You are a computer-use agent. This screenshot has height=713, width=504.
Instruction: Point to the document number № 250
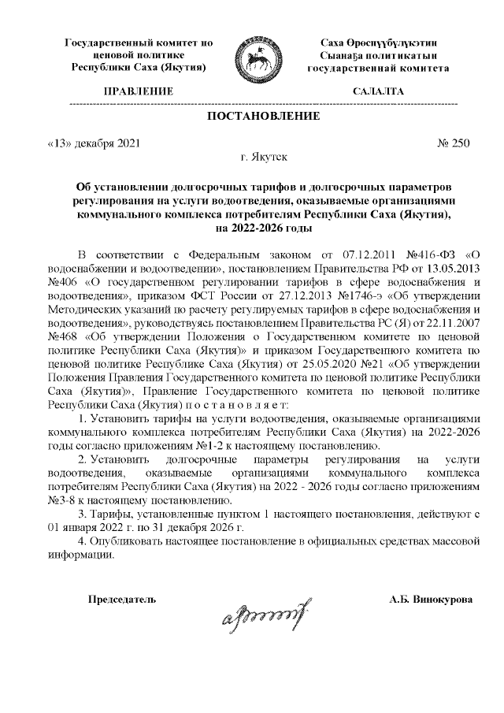453,143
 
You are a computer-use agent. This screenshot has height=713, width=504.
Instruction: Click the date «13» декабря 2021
94,143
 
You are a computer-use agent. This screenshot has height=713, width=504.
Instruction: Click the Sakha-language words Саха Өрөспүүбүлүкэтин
379,42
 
